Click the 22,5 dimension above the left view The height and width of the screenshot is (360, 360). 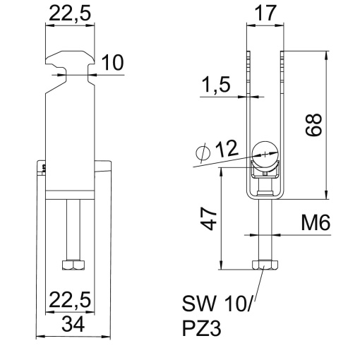(x=69, y=13)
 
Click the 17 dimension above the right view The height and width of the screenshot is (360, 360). (x=264, y=13)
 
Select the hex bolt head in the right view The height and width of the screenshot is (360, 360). (x=264, y=265)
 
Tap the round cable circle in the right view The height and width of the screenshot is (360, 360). (x=264, y=149)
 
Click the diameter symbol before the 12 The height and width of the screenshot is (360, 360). (x=200, y=151)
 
